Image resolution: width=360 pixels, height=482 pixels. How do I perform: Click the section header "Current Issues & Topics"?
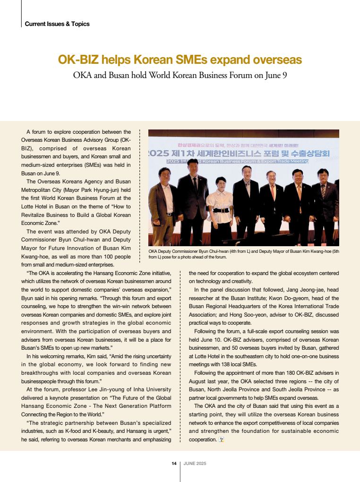coord(57,24)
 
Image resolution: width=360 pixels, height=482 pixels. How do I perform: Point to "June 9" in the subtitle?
coord(275,75)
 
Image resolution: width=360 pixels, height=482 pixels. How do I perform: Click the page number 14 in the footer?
coord(174,464)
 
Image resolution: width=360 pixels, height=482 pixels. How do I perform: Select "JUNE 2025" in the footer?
coord(195,464)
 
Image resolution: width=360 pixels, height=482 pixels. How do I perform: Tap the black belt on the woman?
coord(220,210)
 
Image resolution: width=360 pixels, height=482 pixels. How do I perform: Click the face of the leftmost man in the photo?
coord(165,177)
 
